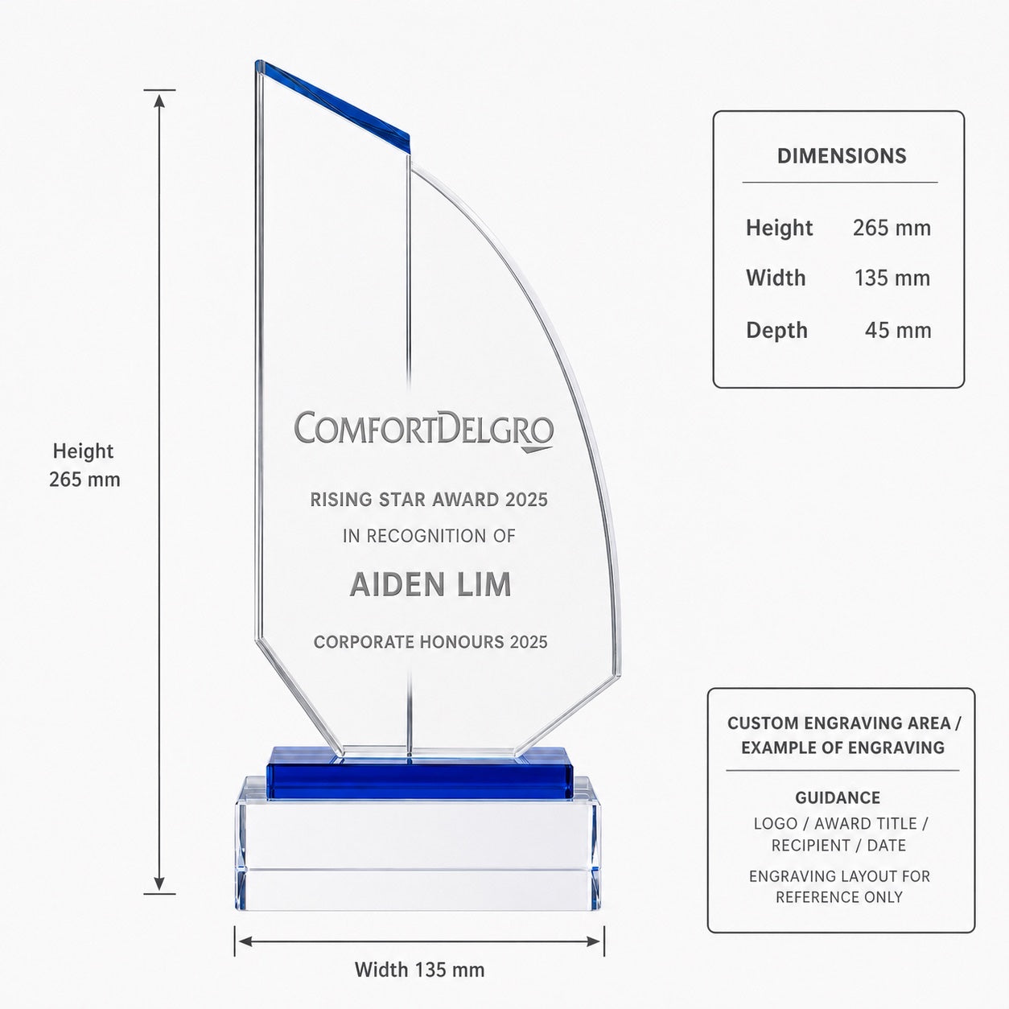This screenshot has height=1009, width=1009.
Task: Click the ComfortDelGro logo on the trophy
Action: click(423, 431)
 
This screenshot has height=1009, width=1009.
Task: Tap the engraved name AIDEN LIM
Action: click(430, 584)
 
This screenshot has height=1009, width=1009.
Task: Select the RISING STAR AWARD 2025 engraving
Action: click(429, 500)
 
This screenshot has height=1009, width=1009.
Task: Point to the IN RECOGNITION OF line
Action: click(430, 536)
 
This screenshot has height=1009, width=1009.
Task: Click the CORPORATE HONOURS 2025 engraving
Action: click(430, 642)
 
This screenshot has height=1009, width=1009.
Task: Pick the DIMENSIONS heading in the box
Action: click(842, 156)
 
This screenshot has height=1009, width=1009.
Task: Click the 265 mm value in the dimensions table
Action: click(892, 228)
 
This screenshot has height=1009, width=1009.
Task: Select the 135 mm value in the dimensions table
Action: click(892, 278)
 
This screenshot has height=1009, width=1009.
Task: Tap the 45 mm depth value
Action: click(898, 331)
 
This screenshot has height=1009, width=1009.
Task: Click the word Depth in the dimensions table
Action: click(776, 331)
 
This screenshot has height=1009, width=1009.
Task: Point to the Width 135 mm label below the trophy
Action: click(419, 970)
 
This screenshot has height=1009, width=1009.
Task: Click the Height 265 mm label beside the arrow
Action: click(84, 465)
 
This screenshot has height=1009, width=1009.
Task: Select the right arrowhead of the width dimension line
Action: click(595, 942)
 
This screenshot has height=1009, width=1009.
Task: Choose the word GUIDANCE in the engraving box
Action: click(838, 797)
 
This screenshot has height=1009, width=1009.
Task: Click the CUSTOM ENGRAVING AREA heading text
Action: click(843, 723)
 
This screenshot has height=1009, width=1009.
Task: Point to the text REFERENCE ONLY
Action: click(839, 897)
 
